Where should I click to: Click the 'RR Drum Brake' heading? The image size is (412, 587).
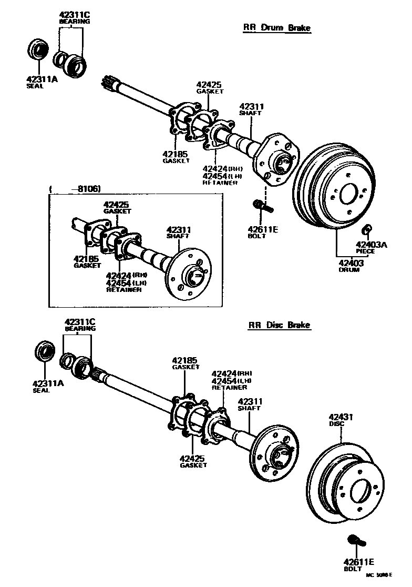[276, 28]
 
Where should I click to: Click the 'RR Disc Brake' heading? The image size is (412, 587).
[279, 326]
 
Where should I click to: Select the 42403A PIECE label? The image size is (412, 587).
[372, 247]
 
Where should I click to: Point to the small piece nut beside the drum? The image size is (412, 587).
[368, 228]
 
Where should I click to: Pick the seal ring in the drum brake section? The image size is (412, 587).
[37, 51]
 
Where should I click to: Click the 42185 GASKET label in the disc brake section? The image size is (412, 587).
[186, 363]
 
